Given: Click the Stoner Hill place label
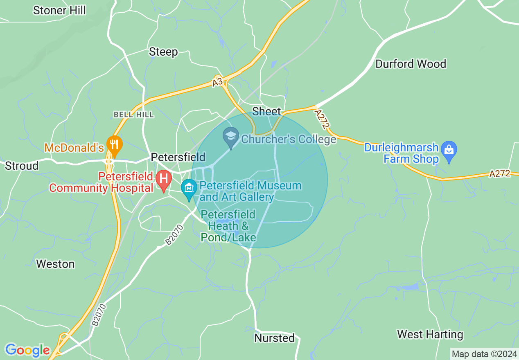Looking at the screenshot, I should (59, 10).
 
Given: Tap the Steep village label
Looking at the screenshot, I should (163, 52).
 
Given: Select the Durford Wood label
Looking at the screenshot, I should (411, 64).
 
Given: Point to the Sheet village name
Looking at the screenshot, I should (266, 111).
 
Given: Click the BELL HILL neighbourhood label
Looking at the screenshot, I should (134, 115).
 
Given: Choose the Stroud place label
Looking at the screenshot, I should (21, 166).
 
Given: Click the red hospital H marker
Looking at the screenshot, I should (164, 180).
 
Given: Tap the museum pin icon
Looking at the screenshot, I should (189, 189).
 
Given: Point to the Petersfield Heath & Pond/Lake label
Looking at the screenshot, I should (228, 226).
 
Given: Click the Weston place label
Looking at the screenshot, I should (55, 264).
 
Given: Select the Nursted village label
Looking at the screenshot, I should (274, 338).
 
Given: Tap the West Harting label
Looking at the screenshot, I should (430, 335).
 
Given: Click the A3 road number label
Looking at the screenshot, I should (218, 82).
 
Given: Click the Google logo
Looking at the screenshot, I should (27, 350).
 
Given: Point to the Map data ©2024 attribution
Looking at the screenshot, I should (484, 353).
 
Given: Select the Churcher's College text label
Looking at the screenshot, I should (289, 139).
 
